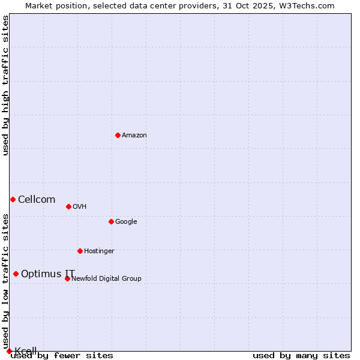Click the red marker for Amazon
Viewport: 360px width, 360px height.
pos(118,135)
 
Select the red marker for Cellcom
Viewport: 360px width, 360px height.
pos(13,199)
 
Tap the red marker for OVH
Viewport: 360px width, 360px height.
pos(68,206)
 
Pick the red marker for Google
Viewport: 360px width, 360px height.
pos(111,221)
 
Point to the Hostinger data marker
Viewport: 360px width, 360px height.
pos(80,251)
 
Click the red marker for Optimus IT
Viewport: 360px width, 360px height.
pos(16,274)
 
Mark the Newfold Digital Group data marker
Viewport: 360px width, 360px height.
pos(67,278)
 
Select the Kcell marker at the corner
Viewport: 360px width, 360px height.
pos(9,351)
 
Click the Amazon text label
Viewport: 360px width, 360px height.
pos(134,136)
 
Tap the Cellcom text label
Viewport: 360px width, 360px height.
pos(37,200)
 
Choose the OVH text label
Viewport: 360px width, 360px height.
pos(80,207)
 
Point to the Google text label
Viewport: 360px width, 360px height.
pos(126,222)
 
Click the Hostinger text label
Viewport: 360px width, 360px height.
pos(99,251)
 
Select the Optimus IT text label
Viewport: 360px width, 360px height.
pos(48,274)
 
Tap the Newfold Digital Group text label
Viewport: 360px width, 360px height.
pos(107,279)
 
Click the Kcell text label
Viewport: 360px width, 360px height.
pos(26,351)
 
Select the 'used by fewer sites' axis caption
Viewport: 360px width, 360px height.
pos(62,356)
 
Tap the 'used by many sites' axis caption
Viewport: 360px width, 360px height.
pos(301,356)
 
